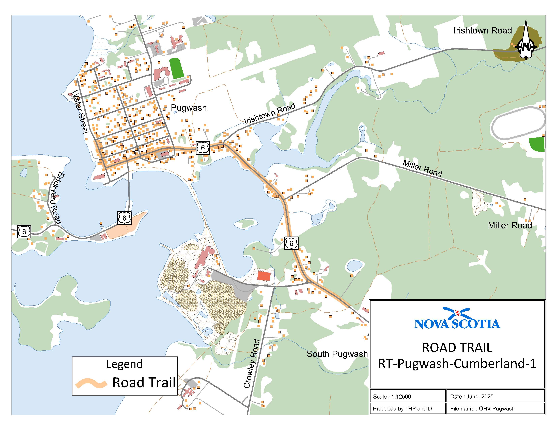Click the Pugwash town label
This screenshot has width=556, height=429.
[x=189, y=108]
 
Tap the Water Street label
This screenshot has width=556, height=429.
[x=80, y=112]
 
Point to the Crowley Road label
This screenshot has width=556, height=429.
[x=252, y=363]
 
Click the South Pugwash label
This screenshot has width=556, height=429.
[x=337, y=354]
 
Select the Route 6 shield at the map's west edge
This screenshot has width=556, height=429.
[x=24, y=231]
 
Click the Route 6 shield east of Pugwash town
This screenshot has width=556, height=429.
[x=203, y=148]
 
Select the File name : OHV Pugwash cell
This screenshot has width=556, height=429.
[x=482, y=409]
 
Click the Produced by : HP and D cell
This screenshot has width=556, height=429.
[x=402, y=409]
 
